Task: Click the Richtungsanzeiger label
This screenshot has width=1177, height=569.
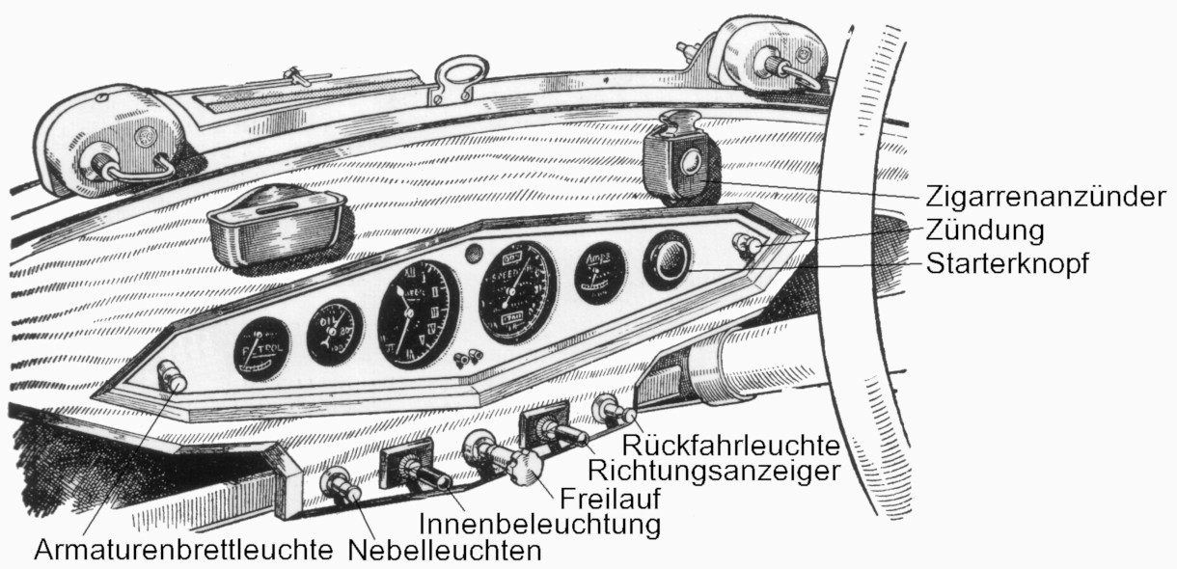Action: pyautogui.click(x=712, y=472)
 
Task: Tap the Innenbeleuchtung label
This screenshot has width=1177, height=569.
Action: pyautogui.click(x=541, y=525)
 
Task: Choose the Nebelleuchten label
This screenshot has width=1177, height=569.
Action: pyautogui.click(x=445, y=551)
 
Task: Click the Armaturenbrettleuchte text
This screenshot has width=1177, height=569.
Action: pyautogui.click(x=183, y=551)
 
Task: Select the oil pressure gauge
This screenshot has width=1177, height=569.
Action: pyautogui.click(x=335, y=332)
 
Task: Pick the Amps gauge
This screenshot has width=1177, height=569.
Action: pyautogui.click(x=599, y=272)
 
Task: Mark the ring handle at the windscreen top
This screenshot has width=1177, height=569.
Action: pyautogui.click(x=452, y=74)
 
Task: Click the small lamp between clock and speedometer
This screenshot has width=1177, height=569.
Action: pyautogui.click(x=472, y=255)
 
